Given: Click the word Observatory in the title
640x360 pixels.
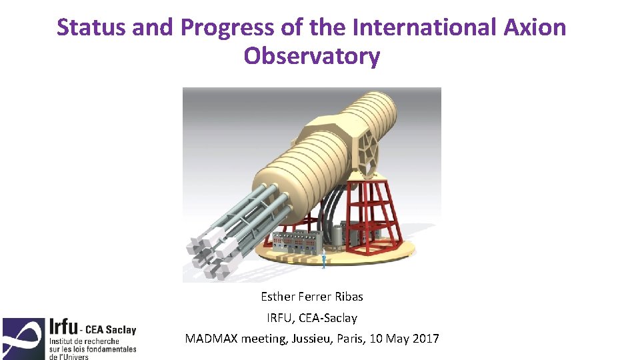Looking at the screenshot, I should pyautogui.click(x=311, y=56).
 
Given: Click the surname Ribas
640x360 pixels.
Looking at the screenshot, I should pyautogui.click(x=347, y=296).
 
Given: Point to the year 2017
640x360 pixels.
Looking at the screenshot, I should pyautogui.click(x=425, y=339).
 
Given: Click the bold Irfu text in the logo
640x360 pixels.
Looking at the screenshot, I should pyautogui.click(x=62, y=329).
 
